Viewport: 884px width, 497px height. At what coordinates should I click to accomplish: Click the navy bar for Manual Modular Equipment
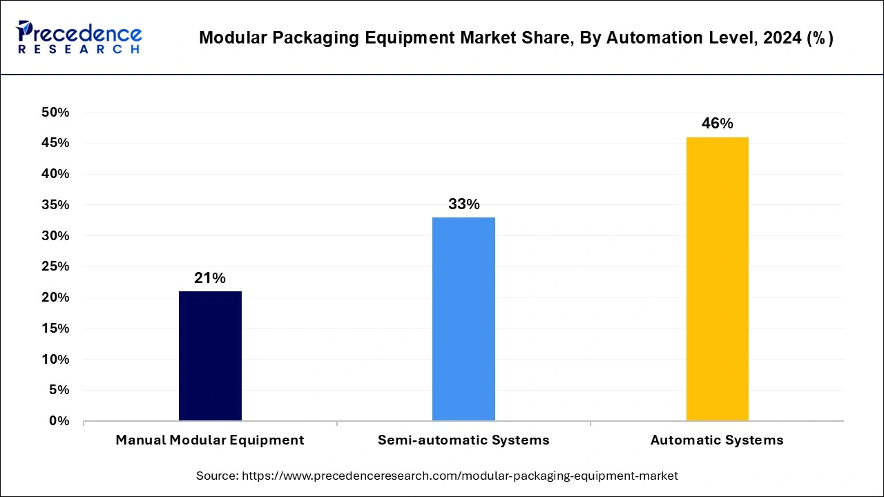pos(210,355)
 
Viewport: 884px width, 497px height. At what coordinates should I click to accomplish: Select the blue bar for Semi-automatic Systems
pos(463,319)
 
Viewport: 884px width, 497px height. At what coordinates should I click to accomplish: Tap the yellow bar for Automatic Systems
pos(717,279)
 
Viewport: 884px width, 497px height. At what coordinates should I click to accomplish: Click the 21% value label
pos(210,278)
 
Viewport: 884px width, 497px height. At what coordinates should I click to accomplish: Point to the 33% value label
pos(463,204)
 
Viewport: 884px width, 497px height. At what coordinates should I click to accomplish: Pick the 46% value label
pos(717,124)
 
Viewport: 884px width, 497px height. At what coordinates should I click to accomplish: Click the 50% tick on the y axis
pos(55,113)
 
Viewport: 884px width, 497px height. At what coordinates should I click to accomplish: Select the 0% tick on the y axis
pos(59,421)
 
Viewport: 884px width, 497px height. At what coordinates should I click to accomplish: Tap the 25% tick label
pos(55,266)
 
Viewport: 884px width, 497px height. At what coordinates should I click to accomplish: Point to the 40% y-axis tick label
pos(55,174)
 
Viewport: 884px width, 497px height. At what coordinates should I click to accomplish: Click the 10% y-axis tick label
pos(55,360)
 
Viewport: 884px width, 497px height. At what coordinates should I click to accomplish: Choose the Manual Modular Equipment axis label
pos(210,440)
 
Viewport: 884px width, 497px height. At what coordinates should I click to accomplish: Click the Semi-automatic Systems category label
pos(463,440)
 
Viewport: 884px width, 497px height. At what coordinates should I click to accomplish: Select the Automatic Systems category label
pos(717,440)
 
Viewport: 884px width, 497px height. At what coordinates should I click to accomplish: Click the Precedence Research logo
pos(79,37)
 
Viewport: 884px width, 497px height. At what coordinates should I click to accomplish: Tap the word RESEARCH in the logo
pos(79,50)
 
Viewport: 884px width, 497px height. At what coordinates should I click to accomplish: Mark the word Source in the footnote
pos(217,476)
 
